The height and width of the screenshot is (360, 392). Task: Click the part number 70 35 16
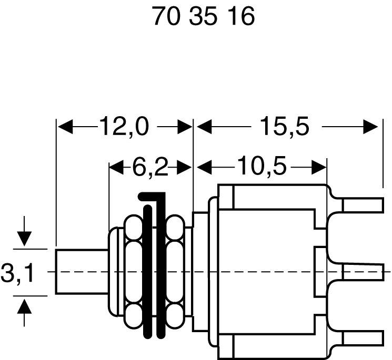click(x=204, y=17)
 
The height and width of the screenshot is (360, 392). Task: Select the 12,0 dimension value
click(x=124, y=127)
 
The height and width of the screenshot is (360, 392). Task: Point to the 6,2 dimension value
click(x=149, y=168)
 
